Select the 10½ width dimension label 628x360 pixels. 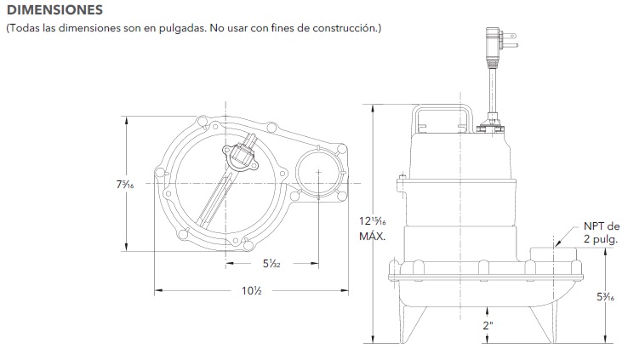coord(251,291)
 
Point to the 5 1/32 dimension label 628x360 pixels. coord(273,264)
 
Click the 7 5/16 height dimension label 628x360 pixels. coord(128,186)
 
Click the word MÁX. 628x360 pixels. coord(373,236)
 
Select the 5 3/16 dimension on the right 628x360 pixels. coord(606,297)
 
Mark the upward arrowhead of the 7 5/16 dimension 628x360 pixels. coord(128,120)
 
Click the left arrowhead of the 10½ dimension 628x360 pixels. coord(158,291)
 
